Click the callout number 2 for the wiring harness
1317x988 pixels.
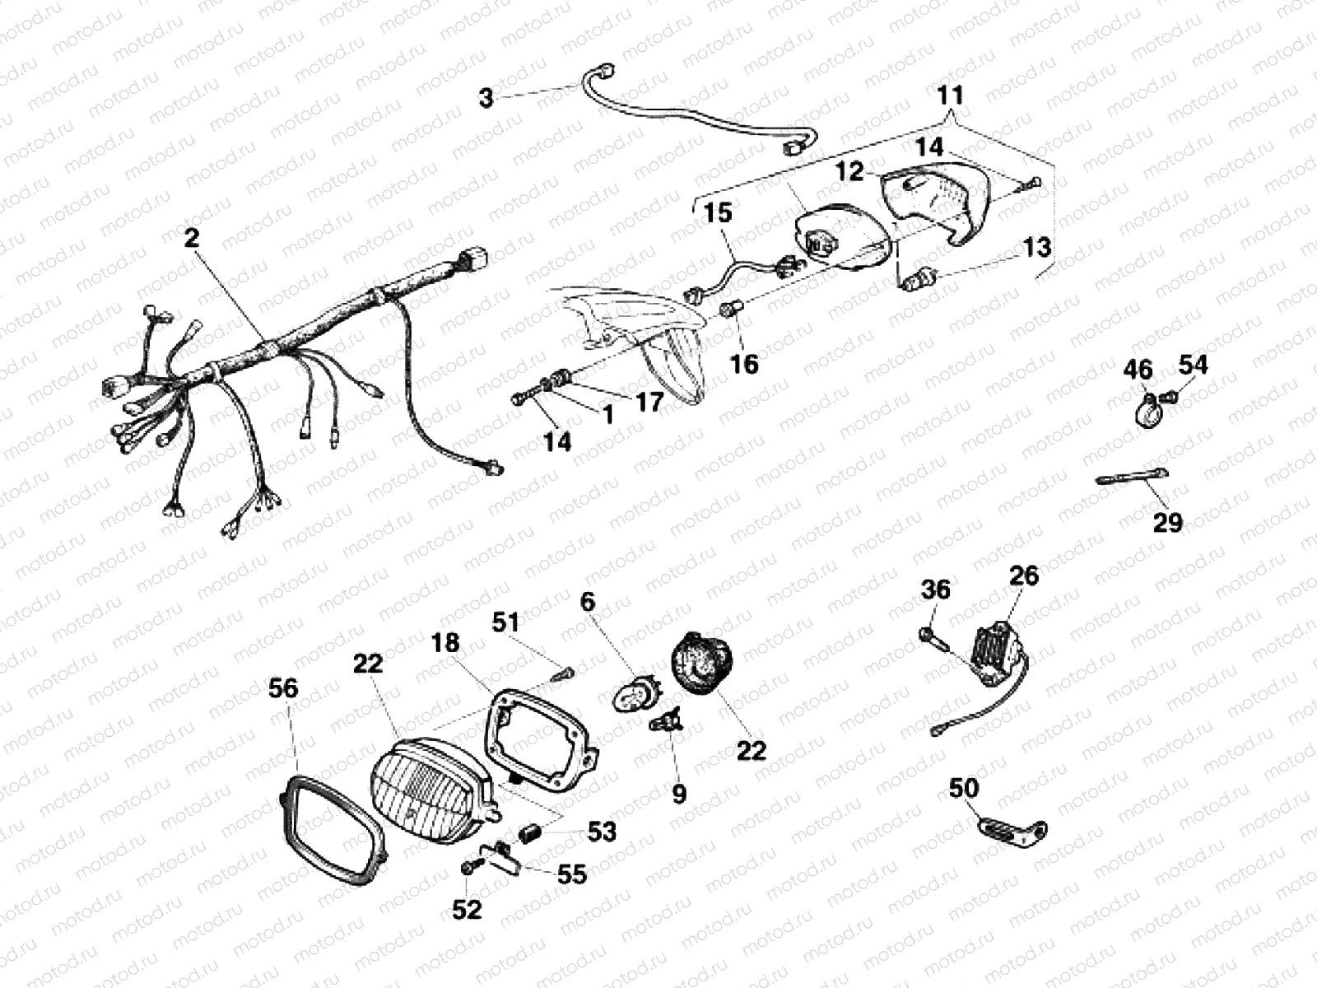(x=192, y=238)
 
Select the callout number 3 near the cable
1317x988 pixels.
(x=486, y=98)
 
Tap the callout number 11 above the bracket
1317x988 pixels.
(x=950, y=95)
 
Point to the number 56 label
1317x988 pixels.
(x=283, y=688)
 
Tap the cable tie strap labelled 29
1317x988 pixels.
(x=1132, y=478)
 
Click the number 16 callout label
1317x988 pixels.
(x=744, y=364)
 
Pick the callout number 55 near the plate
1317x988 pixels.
(x=571, y=874)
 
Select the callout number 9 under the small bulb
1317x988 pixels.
(x=679, y=793)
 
